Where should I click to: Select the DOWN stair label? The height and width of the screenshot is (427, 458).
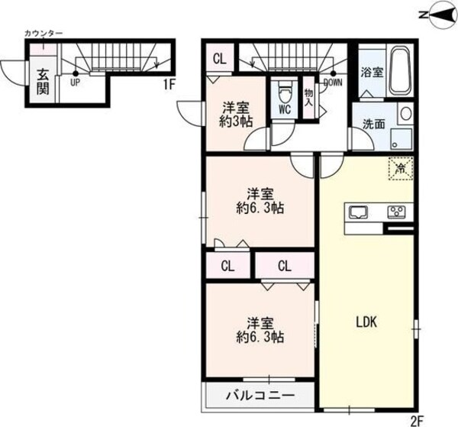pos(333,82)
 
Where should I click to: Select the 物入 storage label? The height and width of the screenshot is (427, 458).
pos(309,95)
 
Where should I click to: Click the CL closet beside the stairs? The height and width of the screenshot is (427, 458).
pos(219,58)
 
